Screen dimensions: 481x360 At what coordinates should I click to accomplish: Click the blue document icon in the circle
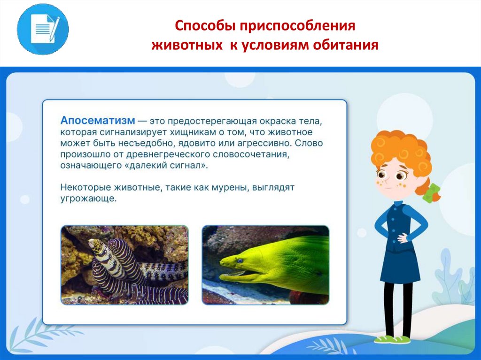43,30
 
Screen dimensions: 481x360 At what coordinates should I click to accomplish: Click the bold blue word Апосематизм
98,120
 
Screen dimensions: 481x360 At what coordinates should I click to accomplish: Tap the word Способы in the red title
205,26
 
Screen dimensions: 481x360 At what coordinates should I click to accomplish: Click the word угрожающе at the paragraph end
88,199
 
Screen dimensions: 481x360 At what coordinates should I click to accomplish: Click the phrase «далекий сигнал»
169,165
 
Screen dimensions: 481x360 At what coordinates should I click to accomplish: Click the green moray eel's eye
240,260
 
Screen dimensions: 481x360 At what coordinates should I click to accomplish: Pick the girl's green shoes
392,339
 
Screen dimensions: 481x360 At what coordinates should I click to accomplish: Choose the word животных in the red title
187,45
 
